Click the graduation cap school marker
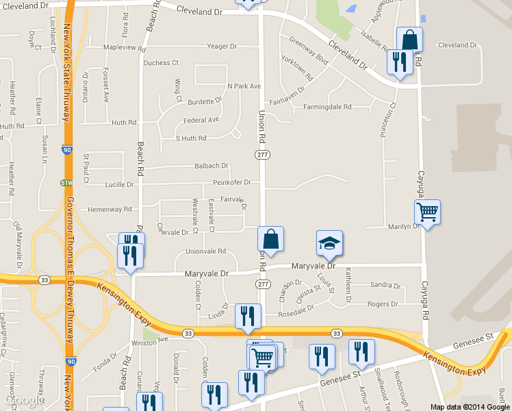point(329,243)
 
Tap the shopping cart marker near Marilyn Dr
point(427,213)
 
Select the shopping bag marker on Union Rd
point(270,240)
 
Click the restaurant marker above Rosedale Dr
point(248,316)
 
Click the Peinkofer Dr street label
point(231,182)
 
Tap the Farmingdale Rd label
point(327,107)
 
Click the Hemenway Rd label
point(105,209)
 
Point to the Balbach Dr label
point(211,166)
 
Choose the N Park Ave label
point(244,86)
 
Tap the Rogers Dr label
point(383,303)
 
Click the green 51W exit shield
point(66,183)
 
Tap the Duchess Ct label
point(161,62)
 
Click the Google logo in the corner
point(25,399)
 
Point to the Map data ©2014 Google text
point(470,406)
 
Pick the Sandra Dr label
point(384,284)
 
